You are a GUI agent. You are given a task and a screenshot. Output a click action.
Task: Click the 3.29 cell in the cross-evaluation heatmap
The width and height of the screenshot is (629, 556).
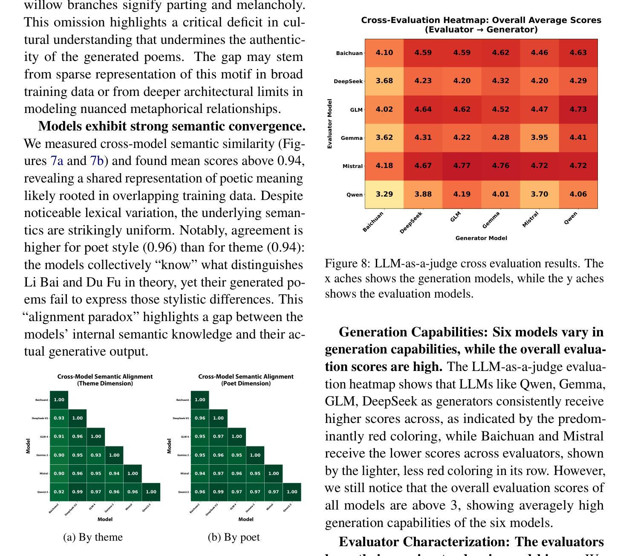pyautogui.click(x=384, y=194)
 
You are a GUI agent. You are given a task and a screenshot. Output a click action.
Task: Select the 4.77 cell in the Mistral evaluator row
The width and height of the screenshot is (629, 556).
pyautogui.click(x=462, y=166)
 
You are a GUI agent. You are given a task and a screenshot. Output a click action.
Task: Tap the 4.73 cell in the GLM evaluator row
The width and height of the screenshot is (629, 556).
pyautogui.click(x=578, y=110)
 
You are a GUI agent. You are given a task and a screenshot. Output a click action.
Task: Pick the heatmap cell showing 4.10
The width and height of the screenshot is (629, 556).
pyautogui.click(x=384, y=53)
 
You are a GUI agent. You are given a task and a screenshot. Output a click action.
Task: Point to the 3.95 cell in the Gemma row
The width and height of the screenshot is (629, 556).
pyautogui.click(x=540, y=138)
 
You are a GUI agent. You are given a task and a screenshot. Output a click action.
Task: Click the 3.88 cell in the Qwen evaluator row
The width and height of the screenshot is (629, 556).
pyautogui.click(x=423, y=194)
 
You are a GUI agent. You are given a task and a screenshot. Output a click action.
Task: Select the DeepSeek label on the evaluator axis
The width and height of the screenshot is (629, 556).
pyautogui.click(x=348, y=81)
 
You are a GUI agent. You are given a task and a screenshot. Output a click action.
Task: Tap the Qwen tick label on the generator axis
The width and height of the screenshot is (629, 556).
pyautogui.click(x=571, y=217)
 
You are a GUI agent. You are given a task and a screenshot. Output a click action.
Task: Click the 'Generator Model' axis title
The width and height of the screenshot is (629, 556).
pyautogui.click(x=481, y=238)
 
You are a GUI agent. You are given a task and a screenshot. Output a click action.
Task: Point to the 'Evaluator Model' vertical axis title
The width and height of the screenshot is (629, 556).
pyautogui.click(x=329, y=124)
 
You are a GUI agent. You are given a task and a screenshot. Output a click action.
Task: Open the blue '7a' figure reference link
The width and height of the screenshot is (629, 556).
pyautogui.click(x=57, y=161)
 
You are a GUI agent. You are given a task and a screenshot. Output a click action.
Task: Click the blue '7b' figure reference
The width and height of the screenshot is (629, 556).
pyautogui.click(x=97, y=161)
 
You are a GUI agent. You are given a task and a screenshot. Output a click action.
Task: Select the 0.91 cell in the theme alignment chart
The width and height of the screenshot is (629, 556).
pyautogui.click(x=59, y=437)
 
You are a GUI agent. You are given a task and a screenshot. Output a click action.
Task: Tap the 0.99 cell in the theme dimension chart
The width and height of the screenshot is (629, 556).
pyautogui.click(x=77, y=492)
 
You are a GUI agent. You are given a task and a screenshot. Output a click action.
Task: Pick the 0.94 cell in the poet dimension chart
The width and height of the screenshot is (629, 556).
pyautogui.click(x=200, y=473)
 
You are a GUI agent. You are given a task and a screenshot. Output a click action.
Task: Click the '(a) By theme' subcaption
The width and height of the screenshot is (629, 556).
pyautogui.click(x=93, y=537)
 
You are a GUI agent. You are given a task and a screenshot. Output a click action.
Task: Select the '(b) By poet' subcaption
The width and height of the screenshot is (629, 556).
pyautogui.click(x=234, y=537)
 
